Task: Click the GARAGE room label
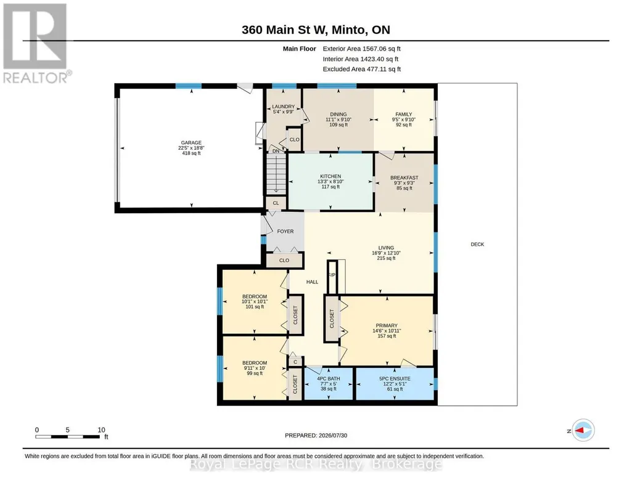pos(191,142)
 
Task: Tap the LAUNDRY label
pos(284,107)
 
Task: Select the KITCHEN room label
pos(330,176)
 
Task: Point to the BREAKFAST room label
pos(404,177)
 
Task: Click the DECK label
pos(477,245)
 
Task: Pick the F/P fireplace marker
pos(332,275)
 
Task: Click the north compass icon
pos(583,431)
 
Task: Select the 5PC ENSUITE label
pos(395,379)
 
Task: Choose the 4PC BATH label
pos(329,379)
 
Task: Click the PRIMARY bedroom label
pos(387,326)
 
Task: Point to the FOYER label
pos(285,232)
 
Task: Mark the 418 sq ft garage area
pos(191,153)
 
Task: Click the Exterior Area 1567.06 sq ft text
pos(361,49)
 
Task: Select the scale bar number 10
pos(101,430)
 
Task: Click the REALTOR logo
pos(36,44)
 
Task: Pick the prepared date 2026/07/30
pos(333,435)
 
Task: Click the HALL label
pos(312,282)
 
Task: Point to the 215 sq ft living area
pos(386,259)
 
